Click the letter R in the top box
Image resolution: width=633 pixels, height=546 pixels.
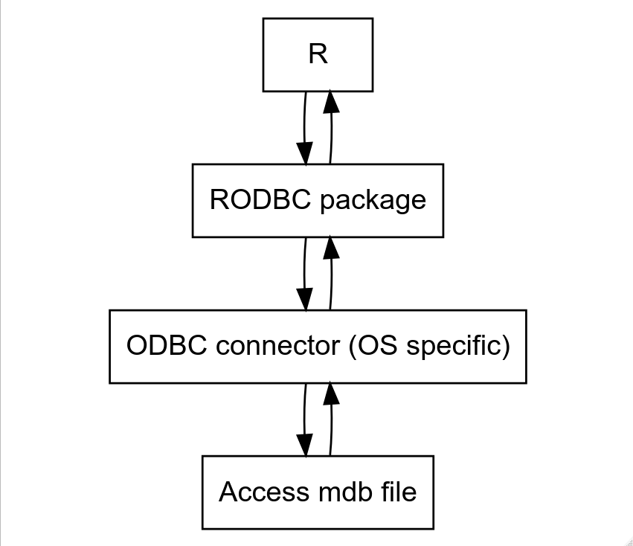[x=318, y=55]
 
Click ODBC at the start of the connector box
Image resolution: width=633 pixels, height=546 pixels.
[x=155, y=346]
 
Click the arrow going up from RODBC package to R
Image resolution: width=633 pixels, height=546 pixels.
[x=330, y=134]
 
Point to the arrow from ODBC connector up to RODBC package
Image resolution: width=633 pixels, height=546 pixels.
[x=330, y=280]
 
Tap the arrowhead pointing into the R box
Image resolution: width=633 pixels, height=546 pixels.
[x=330, y=103]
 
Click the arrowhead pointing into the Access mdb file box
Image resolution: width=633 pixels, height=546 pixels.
[x=305, y=445]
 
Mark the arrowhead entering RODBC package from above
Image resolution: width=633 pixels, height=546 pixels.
[x=305, y=153]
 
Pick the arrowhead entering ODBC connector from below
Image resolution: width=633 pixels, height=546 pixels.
[x=330, y=394]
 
